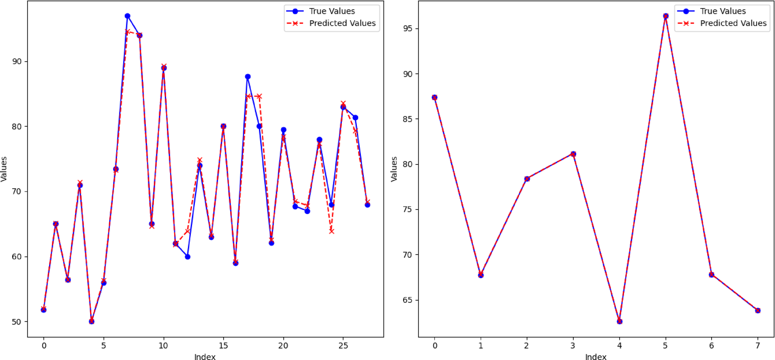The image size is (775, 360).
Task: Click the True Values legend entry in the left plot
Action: point(332,11)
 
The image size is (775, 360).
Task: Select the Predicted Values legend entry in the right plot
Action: point(733,24)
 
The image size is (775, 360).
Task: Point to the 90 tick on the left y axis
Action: point(17,62)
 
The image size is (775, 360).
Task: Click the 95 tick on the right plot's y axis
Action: point(408,28)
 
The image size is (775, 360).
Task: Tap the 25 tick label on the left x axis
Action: point(343,346)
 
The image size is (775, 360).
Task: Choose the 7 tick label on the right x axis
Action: point(758,346)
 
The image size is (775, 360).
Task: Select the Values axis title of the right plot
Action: point(394,169)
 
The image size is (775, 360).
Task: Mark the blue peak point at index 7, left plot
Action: point(127,16)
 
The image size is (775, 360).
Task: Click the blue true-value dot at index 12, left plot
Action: point(188,257)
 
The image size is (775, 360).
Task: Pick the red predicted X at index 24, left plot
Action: point(332,231)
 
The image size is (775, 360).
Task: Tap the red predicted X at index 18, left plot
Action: point(259,97)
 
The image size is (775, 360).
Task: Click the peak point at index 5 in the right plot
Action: point(666,16)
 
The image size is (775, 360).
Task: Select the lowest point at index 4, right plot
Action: point(620,321)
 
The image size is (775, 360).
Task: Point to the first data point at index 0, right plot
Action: point(435,97)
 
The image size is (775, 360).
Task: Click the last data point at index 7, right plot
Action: point(758,310)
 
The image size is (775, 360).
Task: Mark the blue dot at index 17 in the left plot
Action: point(248,77)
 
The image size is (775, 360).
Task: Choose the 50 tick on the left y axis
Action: point(17,322)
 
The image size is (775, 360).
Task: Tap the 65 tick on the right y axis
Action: point(408,300)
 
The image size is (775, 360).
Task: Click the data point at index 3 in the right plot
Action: point(573,154)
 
